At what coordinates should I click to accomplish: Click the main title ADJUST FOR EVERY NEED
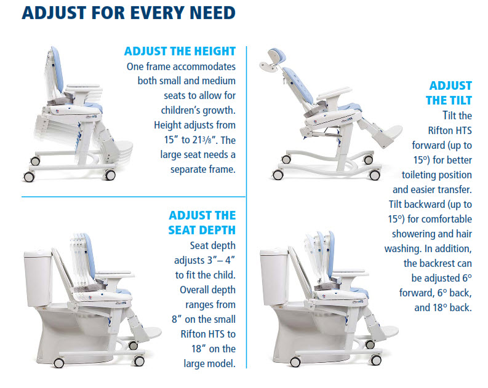[121, 14]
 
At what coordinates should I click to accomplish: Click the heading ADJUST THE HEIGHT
[180, 52]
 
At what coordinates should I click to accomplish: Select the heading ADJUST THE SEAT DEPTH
[202, 223]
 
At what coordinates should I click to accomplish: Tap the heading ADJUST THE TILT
[450, 93]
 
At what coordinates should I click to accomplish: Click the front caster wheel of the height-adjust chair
[111, 175]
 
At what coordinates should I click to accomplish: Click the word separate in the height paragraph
[172, 169]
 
